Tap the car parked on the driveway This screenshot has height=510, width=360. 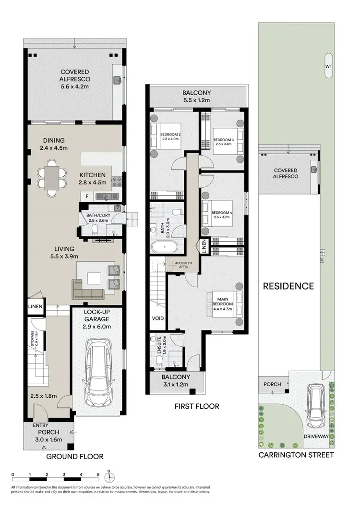(316, 406)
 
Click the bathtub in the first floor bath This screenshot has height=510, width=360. (166, 248)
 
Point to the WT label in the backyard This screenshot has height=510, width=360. (328, 66)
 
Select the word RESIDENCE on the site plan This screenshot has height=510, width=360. (288, 286)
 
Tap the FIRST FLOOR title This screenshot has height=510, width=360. (197, 406)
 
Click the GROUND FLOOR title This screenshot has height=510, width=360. (74, 456)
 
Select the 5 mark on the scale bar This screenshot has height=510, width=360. (98, 474)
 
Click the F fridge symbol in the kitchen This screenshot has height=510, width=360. (87, 196)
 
